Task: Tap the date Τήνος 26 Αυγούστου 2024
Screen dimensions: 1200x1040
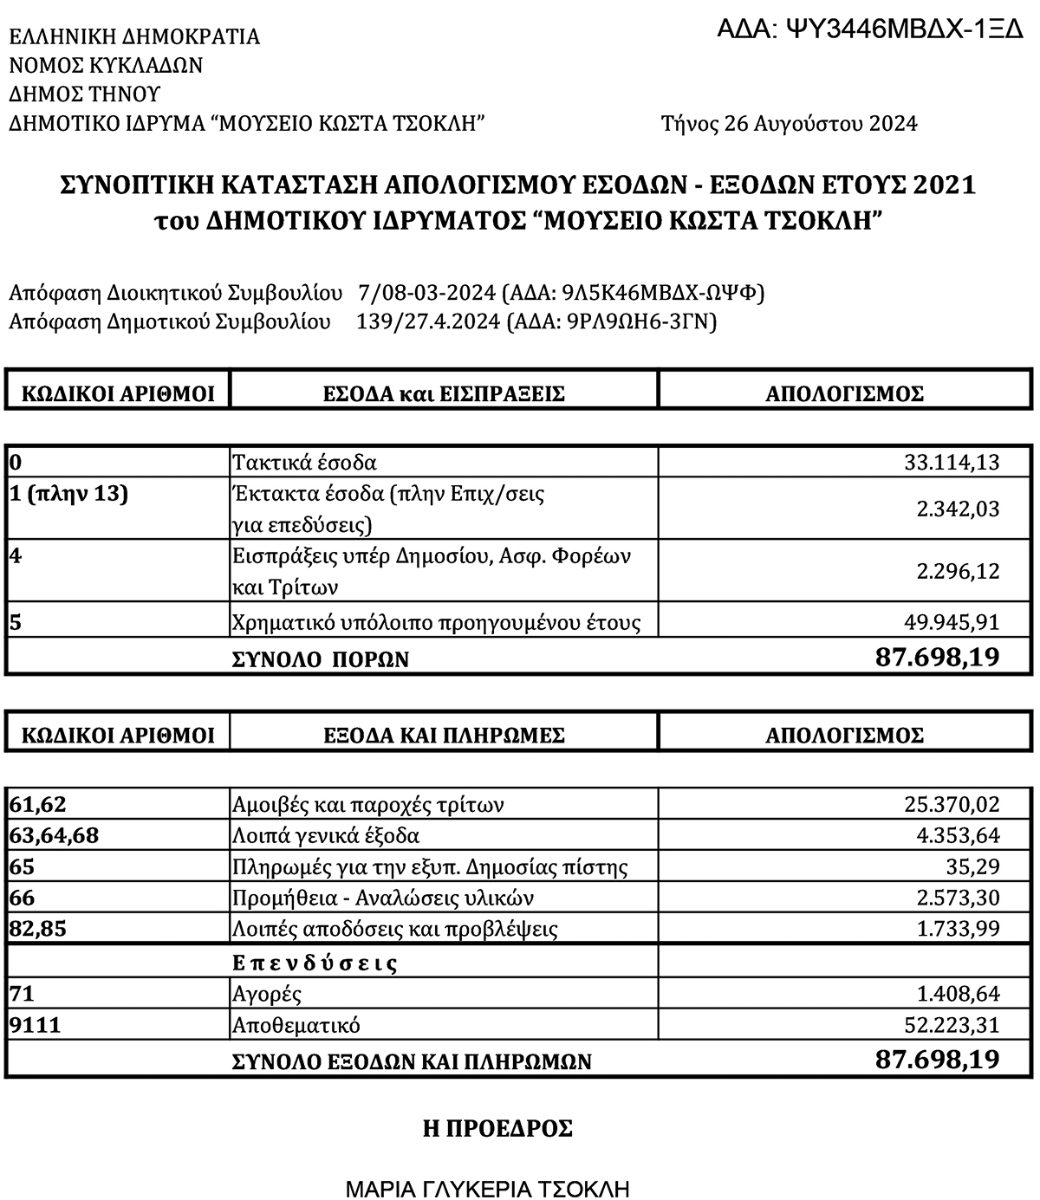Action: click(x=789, y=124)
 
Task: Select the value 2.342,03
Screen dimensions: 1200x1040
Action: click(x=958, y=509)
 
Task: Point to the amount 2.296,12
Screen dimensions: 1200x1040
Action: click(x=958, y=571)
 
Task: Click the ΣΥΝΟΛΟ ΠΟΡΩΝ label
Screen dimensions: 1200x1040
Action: click(x=320, y=659)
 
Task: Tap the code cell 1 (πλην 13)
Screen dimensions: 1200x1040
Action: click(x=68, y=495)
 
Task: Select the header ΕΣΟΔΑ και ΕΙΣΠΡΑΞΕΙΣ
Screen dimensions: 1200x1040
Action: click(x=444, y=394)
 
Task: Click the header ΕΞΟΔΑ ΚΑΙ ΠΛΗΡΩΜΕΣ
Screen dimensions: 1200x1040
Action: click(x=444, y=736)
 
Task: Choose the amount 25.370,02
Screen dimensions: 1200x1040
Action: click(x=952, y=805)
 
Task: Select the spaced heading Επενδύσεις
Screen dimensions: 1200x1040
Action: click(x=315, y=963)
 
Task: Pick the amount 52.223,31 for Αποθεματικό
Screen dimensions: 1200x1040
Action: click(x=952, y=1025)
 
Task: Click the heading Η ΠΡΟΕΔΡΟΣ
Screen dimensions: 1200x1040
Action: click(x=497, y=1129)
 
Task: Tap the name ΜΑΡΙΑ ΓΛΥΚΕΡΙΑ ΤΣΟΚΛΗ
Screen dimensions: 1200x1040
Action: click(x=487, y=1188)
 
